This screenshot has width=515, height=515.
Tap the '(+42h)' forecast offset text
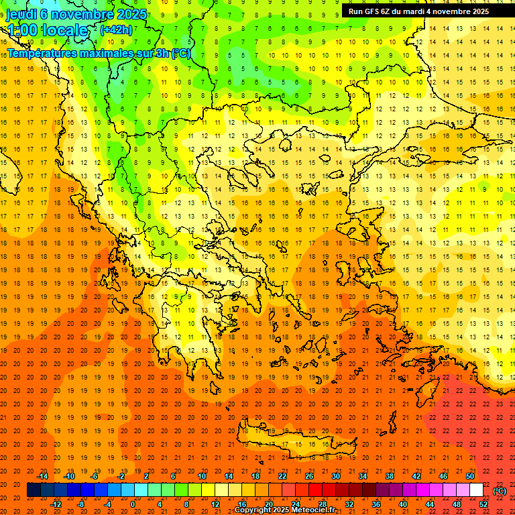coord(116,30)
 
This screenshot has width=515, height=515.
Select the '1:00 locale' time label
coord(47,30)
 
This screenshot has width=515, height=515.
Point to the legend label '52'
coord(483,504)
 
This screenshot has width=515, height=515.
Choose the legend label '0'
coord(132,504)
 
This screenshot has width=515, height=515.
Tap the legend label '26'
coord(309,476)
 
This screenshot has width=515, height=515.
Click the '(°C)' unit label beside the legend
coord(500,491)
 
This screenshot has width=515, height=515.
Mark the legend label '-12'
coord(56,504)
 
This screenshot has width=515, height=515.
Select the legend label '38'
coord(390,476)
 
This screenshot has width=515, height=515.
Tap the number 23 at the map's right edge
coord(500,404)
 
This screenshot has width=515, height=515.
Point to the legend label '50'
coord(470,476)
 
